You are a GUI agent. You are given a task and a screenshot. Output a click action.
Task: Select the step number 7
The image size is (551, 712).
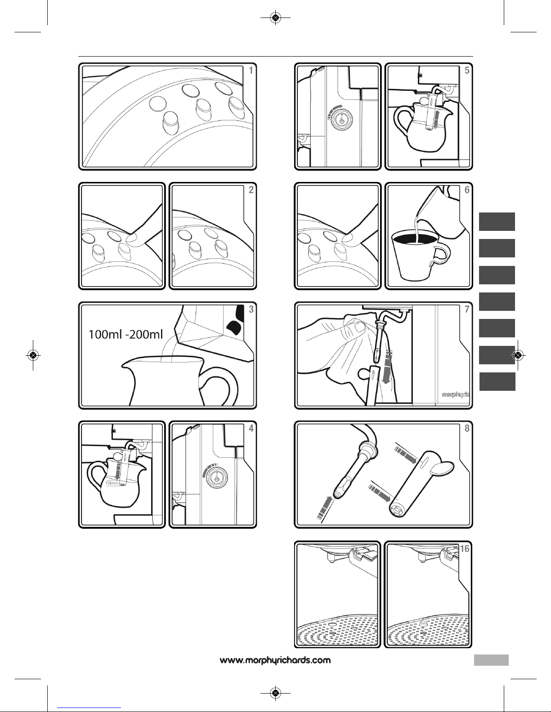[467, 309]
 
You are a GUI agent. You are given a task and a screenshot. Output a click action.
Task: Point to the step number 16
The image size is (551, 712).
[465, 548]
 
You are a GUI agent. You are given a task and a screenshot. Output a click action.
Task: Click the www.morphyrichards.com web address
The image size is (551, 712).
[275, 660]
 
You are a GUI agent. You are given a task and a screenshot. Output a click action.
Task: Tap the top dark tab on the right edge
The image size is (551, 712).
[497, 222]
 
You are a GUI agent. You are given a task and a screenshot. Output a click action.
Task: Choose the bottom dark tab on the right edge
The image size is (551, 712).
[497, 381]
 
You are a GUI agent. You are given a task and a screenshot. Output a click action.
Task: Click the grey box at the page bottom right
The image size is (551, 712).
[491, 660]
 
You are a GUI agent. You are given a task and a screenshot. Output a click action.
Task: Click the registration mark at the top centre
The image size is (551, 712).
[276, 18]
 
